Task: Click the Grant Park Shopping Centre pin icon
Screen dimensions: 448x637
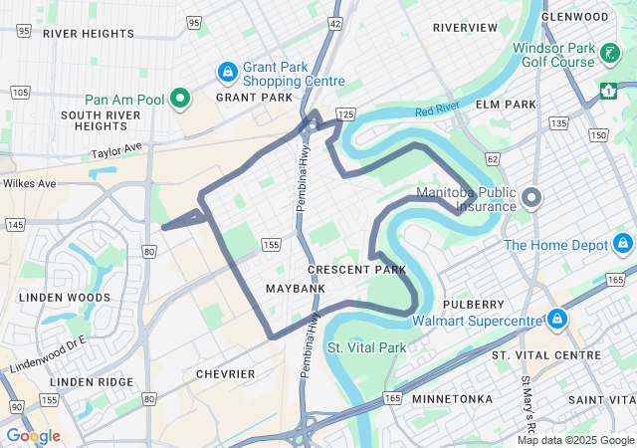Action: (x=228, y=73)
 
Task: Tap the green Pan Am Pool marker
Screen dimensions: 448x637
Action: (x=180, y=99)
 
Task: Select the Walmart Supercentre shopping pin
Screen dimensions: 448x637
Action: (x=557, y=320)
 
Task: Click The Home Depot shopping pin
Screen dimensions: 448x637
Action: (x=623, y=243)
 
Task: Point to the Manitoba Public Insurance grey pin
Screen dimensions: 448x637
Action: (x=531, y=198)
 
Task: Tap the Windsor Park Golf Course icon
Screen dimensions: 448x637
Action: (x=607, y=53)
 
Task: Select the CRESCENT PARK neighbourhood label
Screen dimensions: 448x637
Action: (x=356, y=270)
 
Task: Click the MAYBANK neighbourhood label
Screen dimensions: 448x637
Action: (x=296, y=289)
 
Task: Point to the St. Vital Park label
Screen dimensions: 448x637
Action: (x=367, y=348)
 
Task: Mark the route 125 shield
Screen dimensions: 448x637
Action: (x=346, y=115)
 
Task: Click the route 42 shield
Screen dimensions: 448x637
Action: (x=335, y=23)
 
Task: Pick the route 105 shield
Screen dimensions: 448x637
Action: (x=19, y=93)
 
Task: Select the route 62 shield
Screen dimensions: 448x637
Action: (x=492, y=158)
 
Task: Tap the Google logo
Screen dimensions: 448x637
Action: (x=33, y=436)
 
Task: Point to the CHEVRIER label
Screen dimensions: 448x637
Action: (x=225, y=374)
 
